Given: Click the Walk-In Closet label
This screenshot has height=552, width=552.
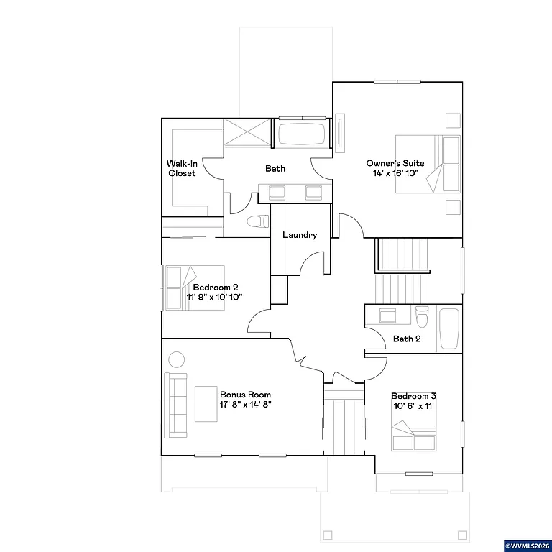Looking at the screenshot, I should click(181, 168).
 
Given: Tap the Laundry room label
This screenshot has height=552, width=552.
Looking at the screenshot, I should click(300, 235).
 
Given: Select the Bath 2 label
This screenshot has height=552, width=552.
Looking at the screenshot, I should click(407, 339).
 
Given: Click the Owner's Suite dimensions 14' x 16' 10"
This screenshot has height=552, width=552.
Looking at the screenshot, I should click(395, 173).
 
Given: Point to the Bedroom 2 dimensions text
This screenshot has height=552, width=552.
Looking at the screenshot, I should click(215, 297).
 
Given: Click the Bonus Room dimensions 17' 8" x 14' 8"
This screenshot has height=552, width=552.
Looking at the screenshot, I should click(245, 405).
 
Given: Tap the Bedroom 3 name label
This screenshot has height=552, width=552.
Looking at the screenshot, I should click(413, 396).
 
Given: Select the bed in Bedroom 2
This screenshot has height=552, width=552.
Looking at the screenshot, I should click(182, 287).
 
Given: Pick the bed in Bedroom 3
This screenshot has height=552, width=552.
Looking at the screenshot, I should click(413, 436).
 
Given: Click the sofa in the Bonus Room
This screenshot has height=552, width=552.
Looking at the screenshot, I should click(175, 405).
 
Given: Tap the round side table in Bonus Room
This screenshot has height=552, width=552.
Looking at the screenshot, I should click(176, 359).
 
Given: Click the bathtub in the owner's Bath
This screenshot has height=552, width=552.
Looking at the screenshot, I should click(302, 134).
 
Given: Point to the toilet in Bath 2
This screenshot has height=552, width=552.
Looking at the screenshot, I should click(423, 316).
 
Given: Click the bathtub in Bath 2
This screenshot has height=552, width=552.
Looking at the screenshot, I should click(448, 329).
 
